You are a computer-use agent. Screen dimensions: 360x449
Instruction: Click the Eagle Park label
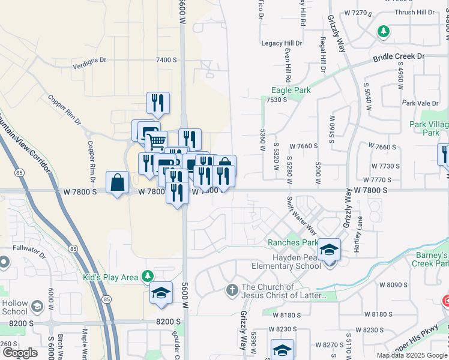(x=291, y=90)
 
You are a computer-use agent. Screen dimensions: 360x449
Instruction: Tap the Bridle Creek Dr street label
(x=399, y=56)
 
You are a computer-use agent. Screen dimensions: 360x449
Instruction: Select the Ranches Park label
(x=292, y=243)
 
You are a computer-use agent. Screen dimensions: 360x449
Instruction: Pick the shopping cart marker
(x=156, y=142)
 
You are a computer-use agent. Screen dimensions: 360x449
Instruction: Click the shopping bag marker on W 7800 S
(x=117, y=182)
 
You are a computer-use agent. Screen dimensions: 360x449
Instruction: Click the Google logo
(x=20, y=353)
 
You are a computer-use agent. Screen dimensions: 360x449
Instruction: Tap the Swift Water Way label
(x=301, y=215)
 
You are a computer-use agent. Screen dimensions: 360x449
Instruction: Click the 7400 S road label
(x=166, y=60)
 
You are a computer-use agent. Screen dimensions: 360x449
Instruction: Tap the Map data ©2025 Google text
(x=412, y=355)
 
